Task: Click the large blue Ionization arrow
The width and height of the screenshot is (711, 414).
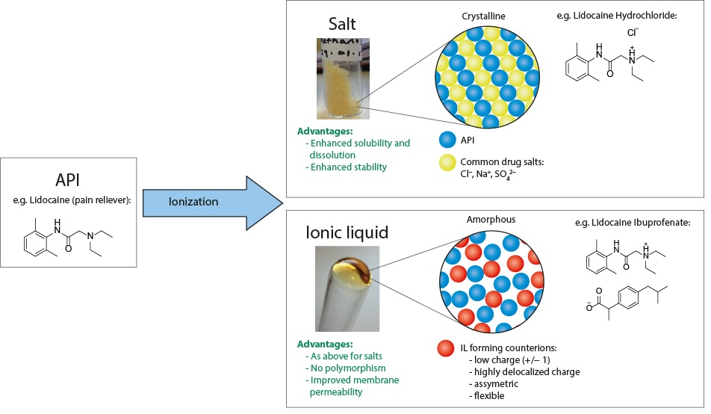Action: [x=209, y=202]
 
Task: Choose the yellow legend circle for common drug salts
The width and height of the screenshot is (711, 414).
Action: [x=447, y=161]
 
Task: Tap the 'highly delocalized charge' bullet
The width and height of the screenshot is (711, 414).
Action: [x=527, y=371]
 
